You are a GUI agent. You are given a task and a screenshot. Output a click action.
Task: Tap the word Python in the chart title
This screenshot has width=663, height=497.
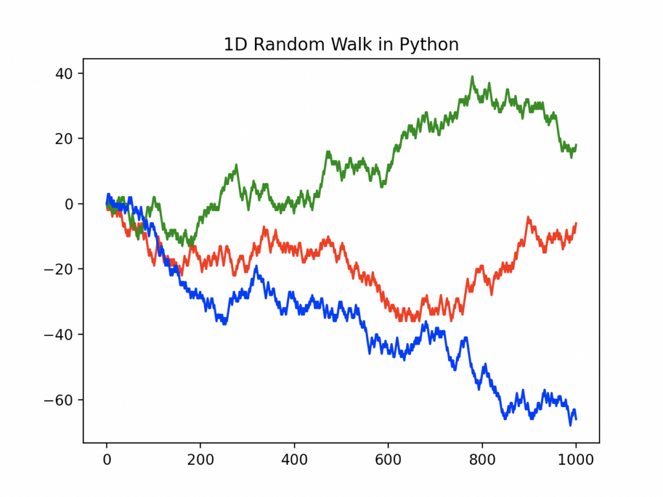pos(430,45)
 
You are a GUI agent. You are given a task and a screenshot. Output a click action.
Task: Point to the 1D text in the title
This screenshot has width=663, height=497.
pos(234,45)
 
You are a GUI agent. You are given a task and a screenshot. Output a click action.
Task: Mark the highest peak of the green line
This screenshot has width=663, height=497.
pos(472,77)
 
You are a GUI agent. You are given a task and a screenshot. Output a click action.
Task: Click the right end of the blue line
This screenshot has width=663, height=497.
pos(576,419)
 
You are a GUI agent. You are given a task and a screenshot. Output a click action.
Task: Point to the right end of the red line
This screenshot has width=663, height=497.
pos(576,223)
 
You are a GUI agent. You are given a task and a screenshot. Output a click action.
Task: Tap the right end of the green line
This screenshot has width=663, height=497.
pos(576,145)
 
